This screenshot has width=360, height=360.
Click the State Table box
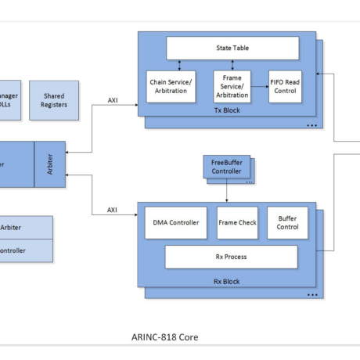click(232, 49)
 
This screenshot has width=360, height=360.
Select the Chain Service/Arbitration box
click(171, 86)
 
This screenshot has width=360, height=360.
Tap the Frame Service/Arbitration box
click(232, 86)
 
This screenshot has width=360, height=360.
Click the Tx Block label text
click(227, 110)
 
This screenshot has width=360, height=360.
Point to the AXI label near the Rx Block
click(112, 210)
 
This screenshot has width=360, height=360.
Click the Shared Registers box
click(54, 100)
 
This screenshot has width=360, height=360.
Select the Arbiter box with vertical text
click(50, 165)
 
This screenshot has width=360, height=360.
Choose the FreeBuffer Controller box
click(226, 166)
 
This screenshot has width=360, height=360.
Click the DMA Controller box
click(176, 223)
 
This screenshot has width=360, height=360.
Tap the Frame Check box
click(237, 223)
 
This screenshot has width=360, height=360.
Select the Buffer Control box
click(287, 223)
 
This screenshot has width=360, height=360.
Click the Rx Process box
click(231, 256)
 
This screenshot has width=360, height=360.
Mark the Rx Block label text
click(227, 281)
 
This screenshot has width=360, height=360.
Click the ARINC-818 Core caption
click(164, 337)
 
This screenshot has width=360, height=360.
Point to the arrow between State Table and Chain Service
click(179, 65)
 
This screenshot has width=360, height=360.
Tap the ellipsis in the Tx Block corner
click(311, 124)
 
